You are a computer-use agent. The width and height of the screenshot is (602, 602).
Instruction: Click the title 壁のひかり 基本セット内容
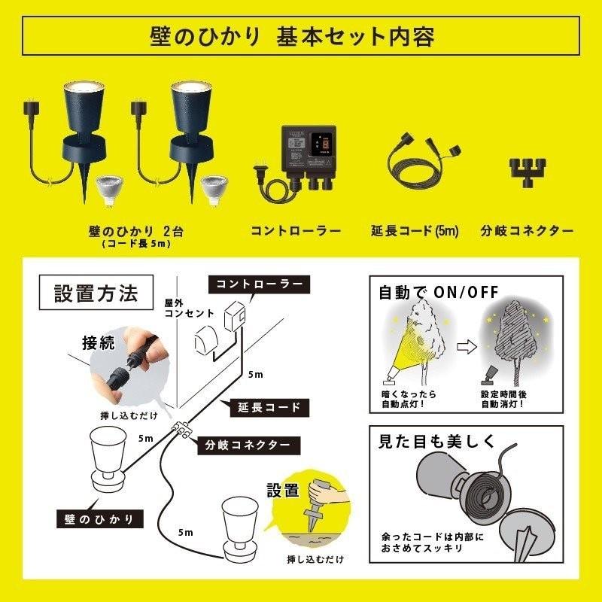pyautogui.click(x=301, y=35)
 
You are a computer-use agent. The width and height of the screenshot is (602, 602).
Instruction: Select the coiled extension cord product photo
pyautogui.click(x=421, y=162)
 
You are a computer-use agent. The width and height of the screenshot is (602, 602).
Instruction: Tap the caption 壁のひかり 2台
pyautogui.click(x=135, y=230)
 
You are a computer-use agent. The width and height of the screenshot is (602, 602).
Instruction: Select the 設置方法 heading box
pyautogui.click(x=96, y=293)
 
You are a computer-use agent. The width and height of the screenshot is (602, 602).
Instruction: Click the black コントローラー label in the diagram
pyautogui.click(x=260, y=284)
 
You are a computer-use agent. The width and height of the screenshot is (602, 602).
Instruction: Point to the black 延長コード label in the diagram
pyautogui.click(x=265, y=407)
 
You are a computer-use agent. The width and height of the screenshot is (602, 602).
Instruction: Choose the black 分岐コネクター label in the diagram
pyautogui.click(x=248, y=445)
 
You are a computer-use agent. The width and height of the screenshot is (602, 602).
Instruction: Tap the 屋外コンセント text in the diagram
pyautogui.click(x=185, y=306)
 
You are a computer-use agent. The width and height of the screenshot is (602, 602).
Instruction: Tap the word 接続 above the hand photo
pyautogui.click(x=99, y=343)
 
